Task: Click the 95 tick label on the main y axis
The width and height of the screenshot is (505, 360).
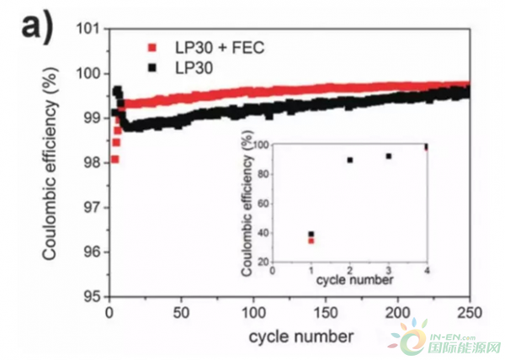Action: click(x=93, y=297)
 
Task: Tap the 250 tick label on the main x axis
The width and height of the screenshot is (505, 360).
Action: click(x=469, y=312)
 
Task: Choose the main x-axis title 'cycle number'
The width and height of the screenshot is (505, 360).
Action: click(x=289, y=336)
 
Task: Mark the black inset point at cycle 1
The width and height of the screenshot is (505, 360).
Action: click(x=311, y=234)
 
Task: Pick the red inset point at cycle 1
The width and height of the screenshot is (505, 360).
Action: click(x=311, y=241)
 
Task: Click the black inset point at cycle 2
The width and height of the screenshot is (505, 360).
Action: click(x=350, y=160)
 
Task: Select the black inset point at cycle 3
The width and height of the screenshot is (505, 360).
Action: click(x=389, y=156)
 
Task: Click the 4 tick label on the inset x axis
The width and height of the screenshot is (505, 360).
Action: click(x=427, y=270)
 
